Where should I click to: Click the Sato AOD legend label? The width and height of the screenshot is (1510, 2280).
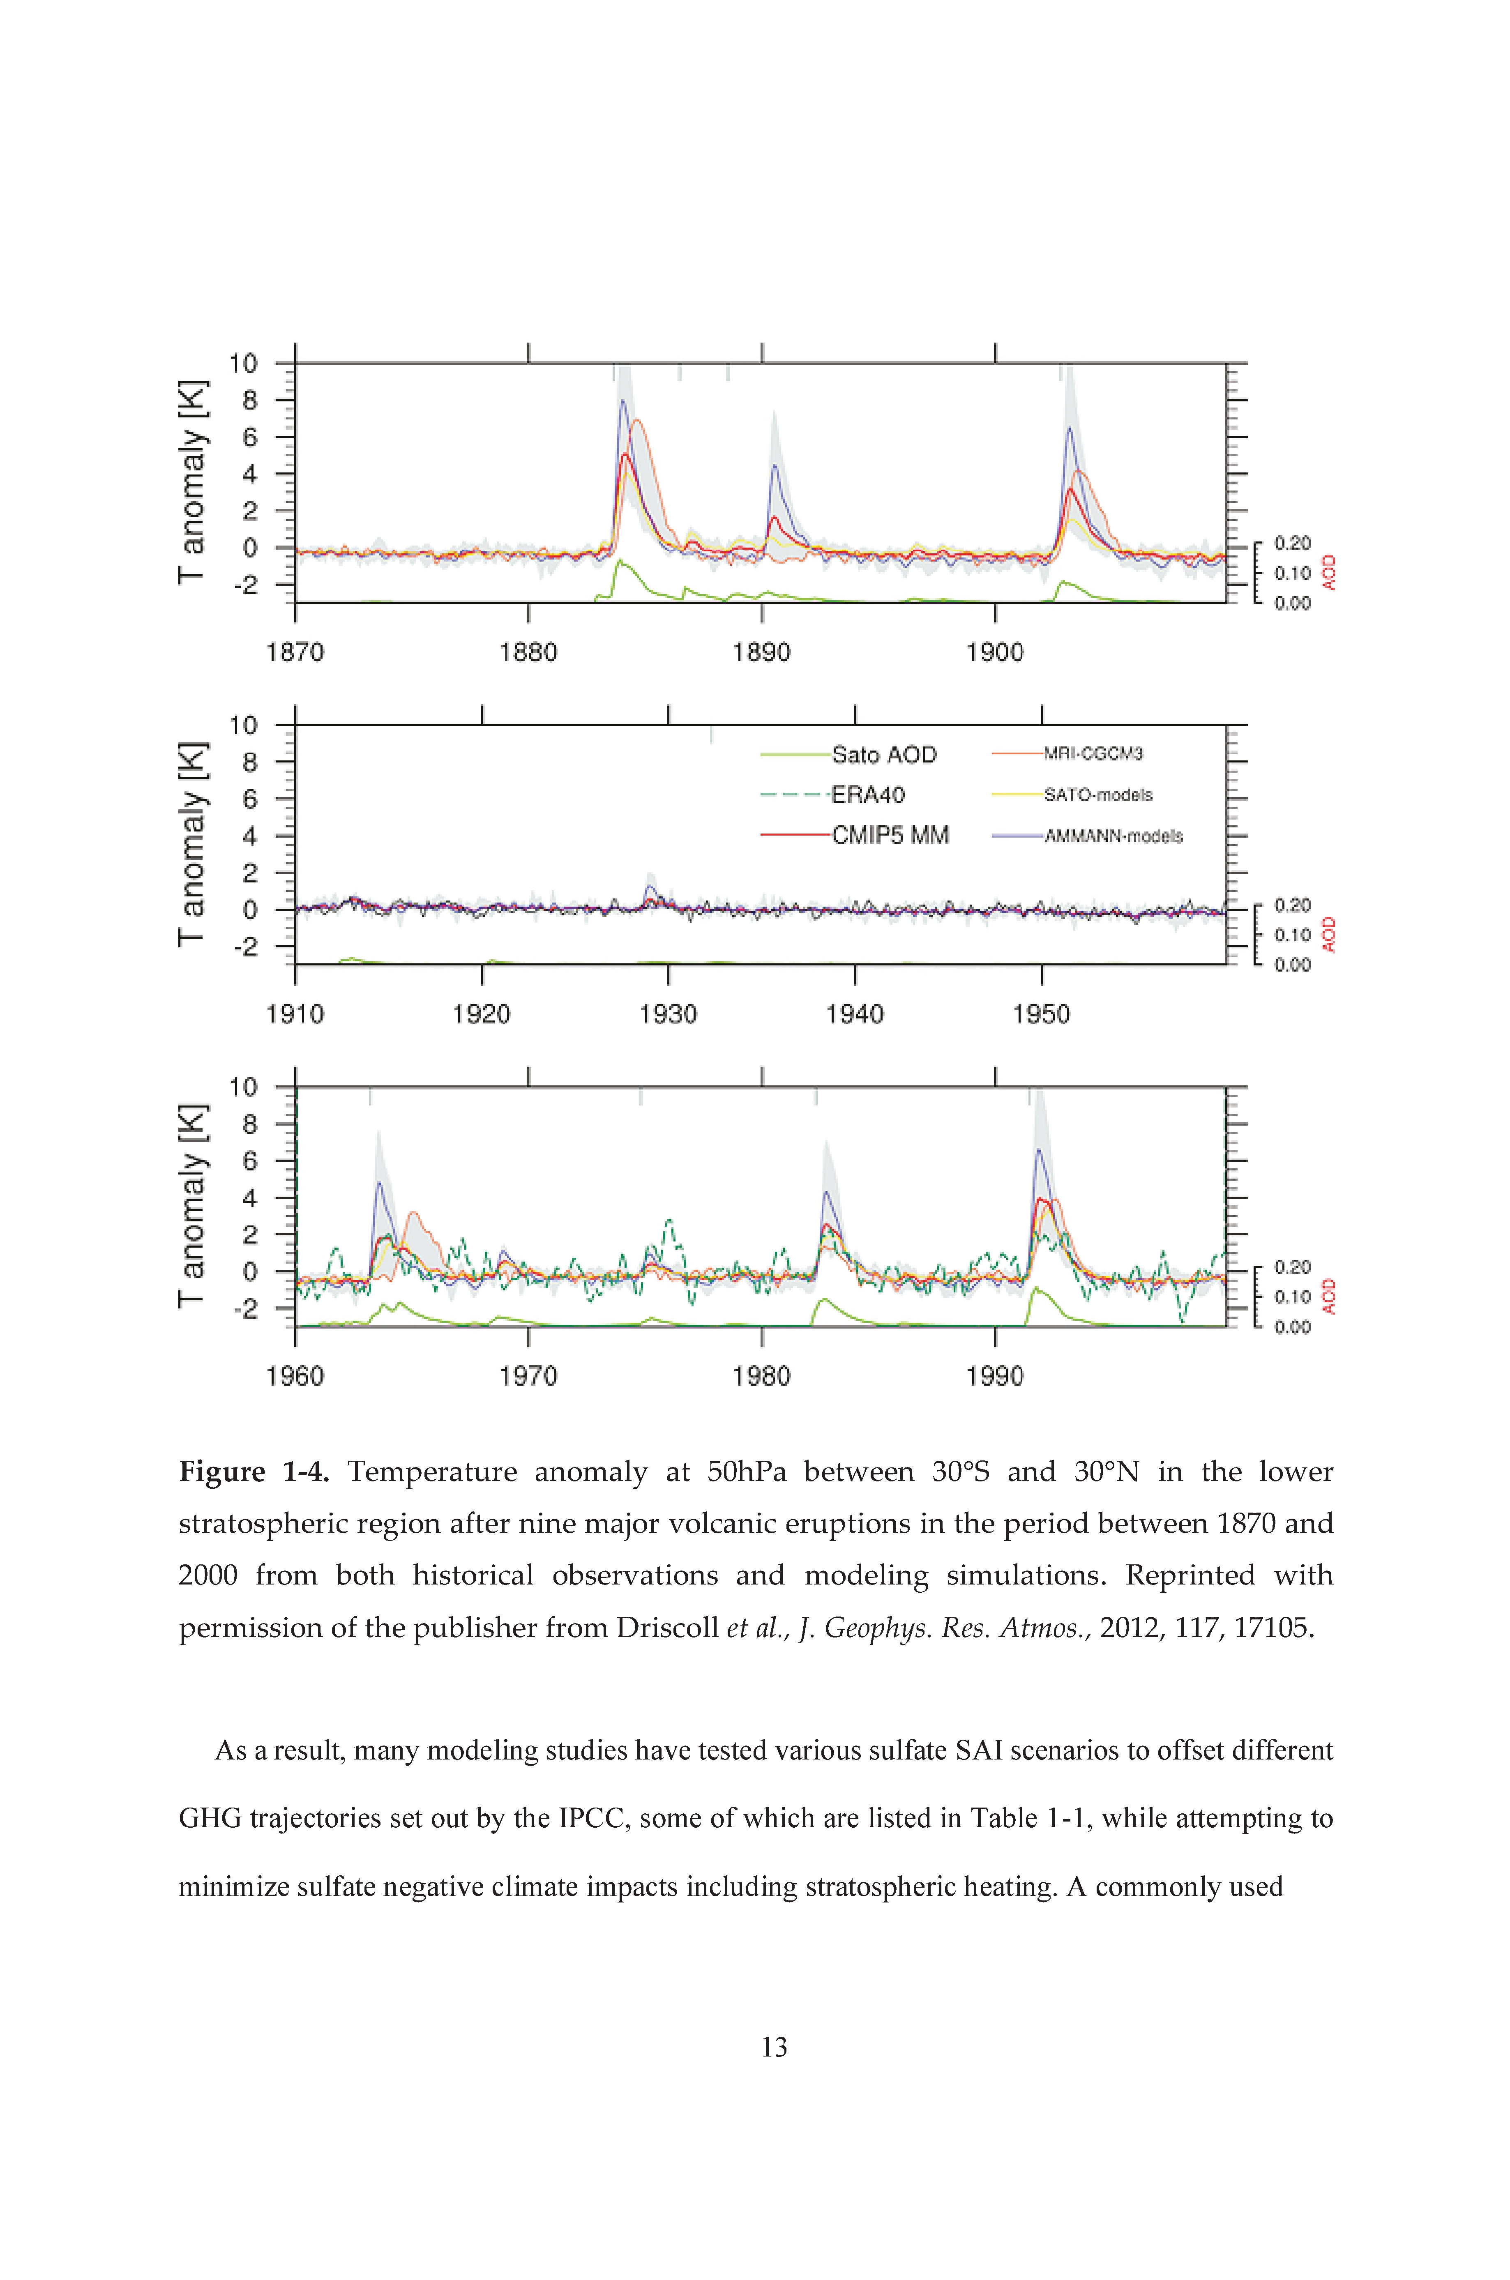(x=884, y=755)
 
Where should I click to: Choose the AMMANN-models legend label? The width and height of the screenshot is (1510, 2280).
(x=1113, y=836)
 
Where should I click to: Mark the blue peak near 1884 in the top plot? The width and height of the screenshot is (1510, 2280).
(x=622, y=401)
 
